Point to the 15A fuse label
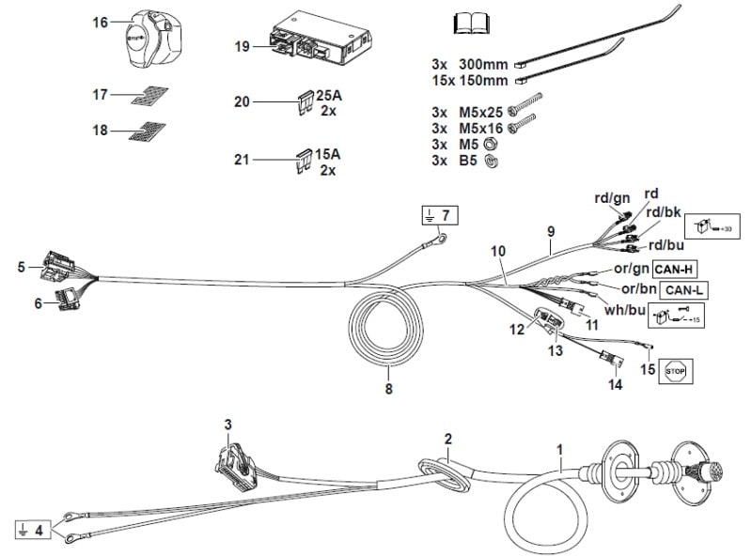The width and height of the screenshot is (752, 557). [x=328, y=153]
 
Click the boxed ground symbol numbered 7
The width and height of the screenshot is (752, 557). [x=439, y=216]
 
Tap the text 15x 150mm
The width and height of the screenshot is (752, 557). [x=469, y=80]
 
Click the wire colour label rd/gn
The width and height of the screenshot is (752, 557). [x=612, y=198]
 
